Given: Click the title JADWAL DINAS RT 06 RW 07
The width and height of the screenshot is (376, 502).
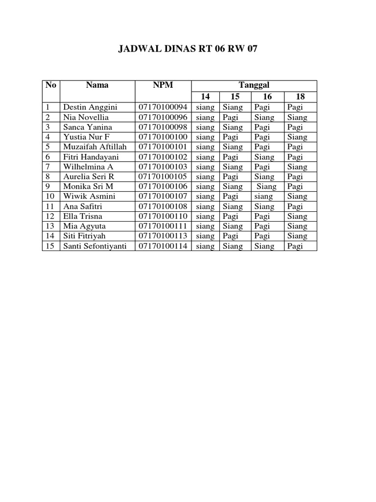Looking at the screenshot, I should [188, 49].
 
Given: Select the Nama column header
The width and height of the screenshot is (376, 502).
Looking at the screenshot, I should [97, 85].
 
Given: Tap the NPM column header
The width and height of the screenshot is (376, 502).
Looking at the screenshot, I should [163, 85].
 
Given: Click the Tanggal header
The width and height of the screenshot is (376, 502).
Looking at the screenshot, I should [254, 85].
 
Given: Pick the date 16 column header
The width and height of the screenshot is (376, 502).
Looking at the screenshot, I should [267, 97].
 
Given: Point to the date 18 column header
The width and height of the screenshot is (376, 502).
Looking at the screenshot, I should [300, 97].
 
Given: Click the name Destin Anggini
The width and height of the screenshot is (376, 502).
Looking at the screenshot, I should [90, 107].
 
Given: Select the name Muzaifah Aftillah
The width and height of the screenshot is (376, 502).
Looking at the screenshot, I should [94, 147].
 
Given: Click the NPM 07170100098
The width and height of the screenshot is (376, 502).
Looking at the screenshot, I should [163, 127].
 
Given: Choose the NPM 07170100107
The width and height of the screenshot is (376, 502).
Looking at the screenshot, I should [163, 196].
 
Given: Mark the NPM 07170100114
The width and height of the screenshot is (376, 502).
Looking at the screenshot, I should [163, 246].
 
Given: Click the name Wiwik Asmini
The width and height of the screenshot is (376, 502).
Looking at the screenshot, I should [89, 196].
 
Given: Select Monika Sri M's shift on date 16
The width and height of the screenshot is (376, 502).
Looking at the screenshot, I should [266, 186].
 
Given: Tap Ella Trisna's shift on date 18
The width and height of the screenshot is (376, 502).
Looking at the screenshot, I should [297, 216].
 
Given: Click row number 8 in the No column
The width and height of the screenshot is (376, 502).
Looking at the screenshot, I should [47, 176].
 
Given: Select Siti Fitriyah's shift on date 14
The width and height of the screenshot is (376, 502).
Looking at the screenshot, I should [205, 236].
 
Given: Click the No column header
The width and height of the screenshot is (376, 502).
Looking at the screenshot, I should [51, 85].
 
